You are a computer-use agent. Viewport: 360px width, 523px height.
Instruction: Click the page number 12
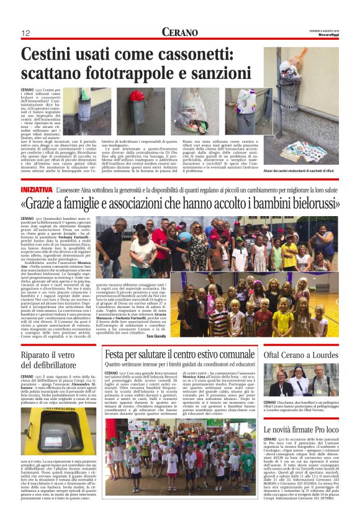[26, 33]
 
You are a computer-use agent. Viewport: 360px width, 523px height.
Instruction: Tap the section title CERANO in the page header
[179, 32]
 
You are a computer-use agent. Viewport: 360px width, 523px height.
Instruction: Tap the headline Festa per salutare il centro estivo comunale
[180, 354]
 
